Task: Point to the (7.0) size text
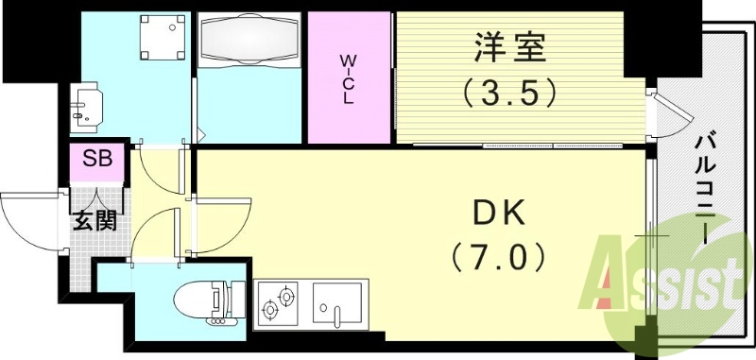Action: coord(498,256)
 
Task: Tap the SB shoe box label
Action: coord(95,158)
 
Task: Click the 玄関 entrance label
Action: coord(95,222)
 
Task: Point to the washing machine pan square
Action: coord(155,39)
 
